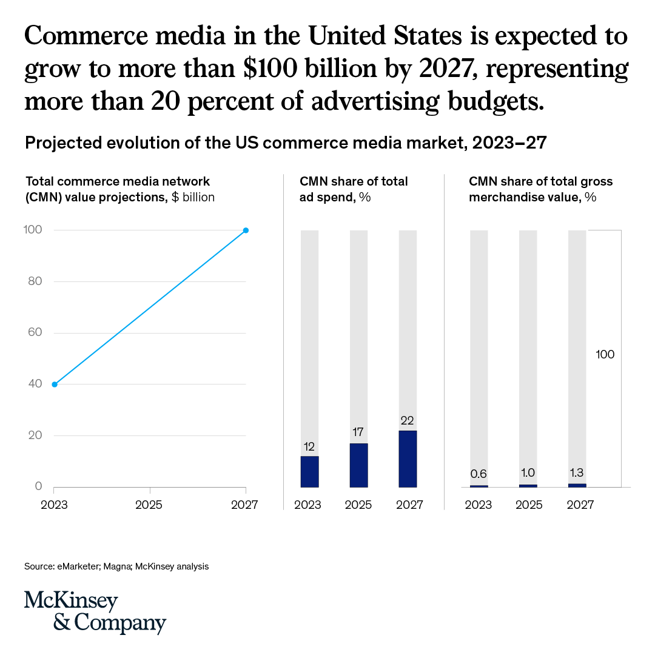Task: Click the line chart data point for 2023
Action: click(x=55, y=385)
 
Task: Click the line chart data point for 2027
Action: click(x=246, y=230)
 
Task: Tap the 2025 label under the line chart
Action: click(x=150, y=505)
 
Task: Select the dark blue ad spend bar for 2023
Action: click(x=309, y=471)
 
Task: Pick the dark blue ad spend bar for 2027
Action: click(x=407, y=458)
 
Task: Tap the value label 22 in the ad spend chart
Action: click(x=407, y=420)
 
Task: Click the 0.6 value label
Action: click(x=479, y=474)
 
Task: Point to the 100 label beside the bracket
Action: click(x=605, y=355)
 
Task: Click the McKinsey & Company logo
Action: click(x=95, y=612)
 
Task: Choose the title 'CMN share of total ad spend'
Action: click(x=354, y=189)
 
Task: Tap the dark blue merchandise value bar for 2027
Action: click(x=577, y=485)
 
